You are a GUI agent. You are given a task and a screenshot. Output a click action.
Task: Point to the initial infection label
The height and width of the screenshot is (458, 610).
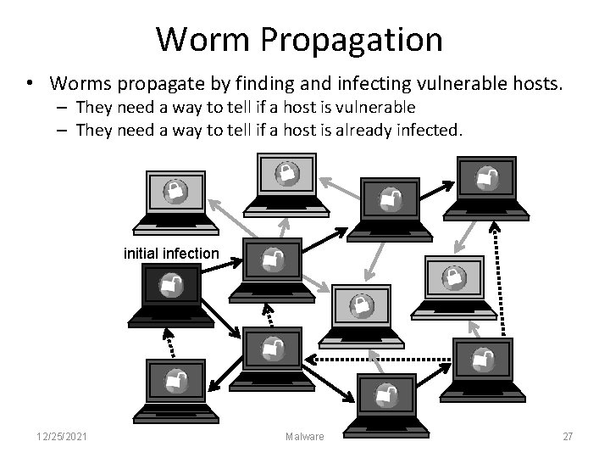pyautogui.click(x=171, y=253)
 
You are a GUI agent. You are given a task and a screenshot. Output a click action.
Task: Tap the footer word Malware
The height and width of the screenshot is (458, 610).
pyautogui.click(x=304, y=436)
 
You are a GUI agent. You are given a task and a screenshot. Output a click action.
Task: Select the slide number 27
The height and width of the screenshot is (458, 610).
pyautogui.click(x=568, y=436)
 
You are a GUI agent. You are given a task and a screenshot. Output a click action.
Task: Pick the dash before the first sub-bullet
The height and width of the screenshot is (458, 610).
pyautogui.click(x=64, y=108)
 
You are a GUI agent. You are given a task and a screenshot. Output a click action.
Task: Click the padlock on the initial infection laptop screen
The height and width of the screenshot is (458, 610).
pyautogui.click(x=170, y=285)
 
